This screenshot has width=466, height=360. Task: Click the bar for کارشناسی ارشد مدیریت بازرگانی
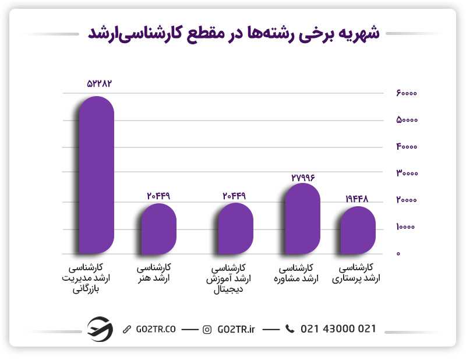click(97, 175)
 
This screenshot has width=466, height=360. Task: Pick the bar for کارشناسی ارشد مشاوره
click(302, 218)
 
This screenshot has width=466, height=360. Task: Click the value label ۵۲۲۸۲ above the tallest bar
click(98, 83)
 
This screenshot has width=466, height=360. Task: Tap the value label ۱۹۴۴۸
click(356, 199)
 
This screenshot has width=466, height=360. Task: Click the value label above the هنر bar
click(158, 196)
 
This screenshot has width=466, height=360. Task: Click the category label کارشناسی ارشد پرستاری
click(359, 274)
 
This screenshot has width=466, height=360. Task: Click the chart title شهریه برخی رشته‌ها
click(233, 33)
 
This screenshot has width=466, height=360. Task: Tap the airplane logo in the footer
click(99, 329)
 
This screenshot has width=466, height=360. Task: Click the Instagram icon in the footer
click(207, 330)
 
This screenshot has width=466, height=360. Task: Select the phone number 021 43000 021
click(338, 329)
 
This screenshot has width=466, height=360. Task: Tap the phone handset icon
click(290, 329)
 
